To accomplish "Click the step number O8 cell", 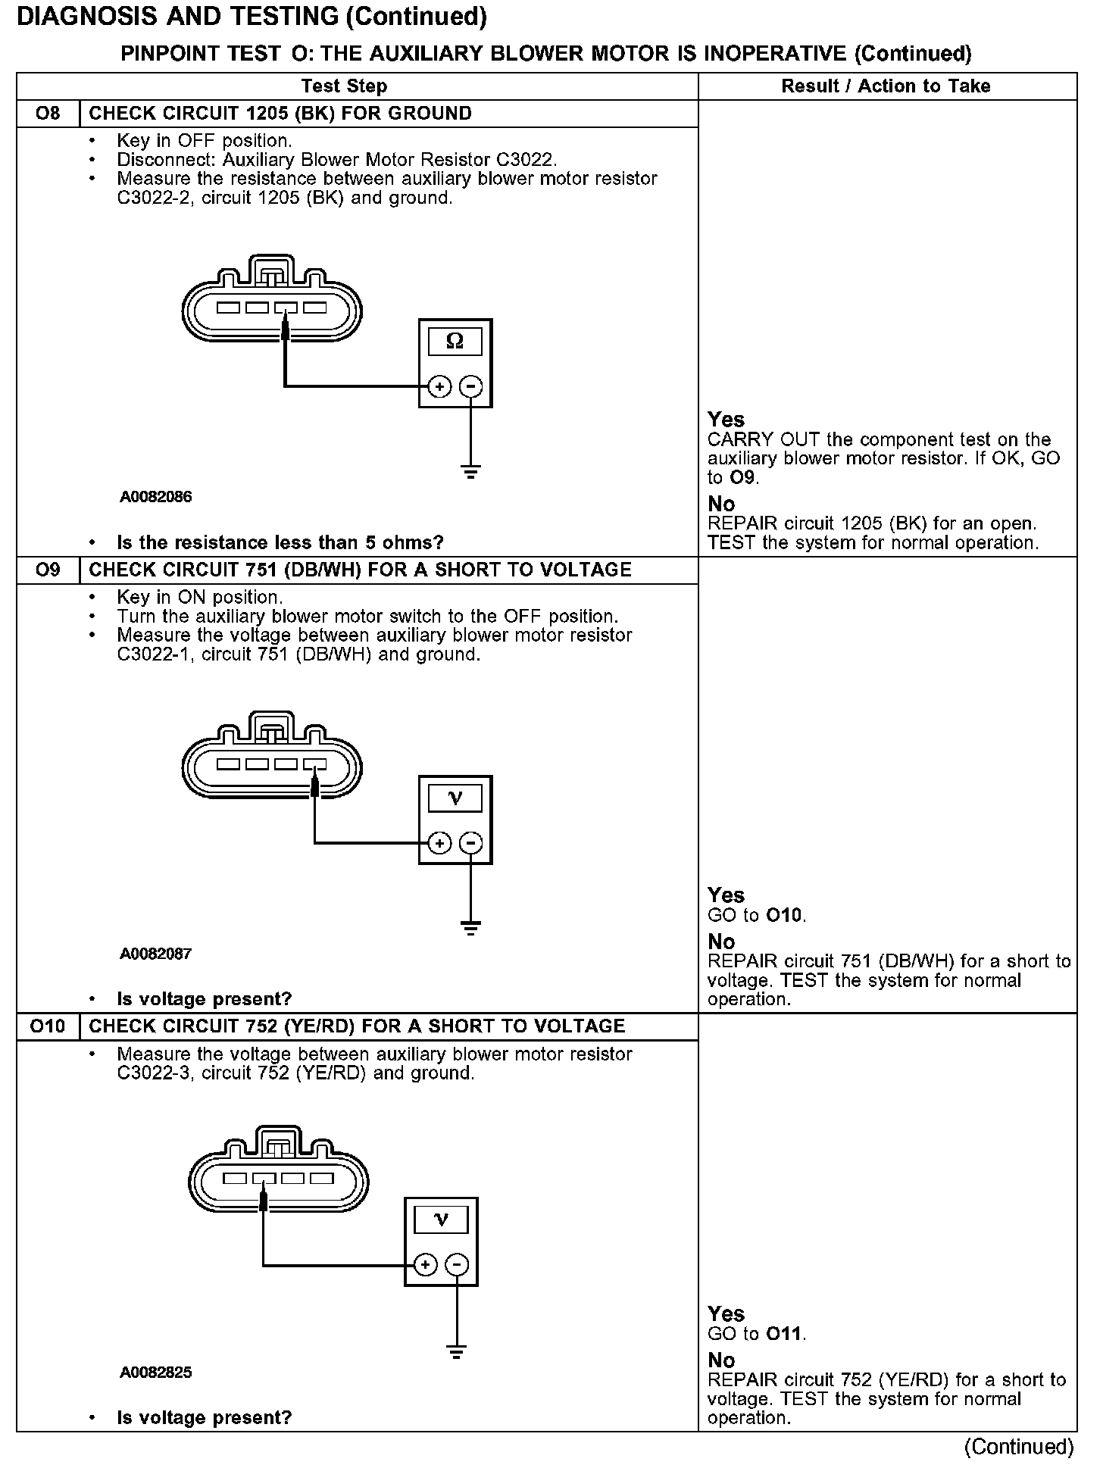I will point(48,114).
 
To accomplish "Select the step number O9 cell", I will point(48,570).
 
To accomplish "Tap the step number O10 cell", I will point(48,1026).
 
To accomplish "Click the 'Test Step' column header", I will point(344,86).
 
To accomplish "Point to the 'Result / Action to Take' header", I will point(886,86).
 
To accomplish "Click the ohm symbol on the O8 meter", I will point(455,342).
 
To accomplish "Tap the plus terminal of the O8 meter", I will point(439,387).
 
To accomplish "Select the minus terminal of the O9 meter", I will point(471,843).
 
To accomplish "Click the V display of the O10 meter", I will point(441,1220).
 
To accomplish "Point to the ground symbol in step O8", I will point(471,472).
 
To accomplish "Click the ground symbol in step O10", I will point(457,1351).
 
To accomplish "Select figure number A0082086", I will point(156,498).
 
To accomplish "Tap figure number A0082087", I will point(156,954).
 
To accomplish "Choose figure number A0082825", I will point(156,1373).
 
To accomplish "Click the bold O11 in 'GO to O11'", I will point(784,1334).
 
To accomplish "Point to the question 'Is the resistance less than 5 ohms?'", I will point(280,542).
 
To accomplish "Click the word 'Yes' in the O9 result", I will point(726,895).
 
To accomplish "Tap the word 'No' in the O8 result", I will point(721,504).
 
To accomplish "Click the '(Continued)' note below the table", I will point(1018,1447).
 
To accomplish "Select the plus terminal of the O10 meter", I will point(426,1264).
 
